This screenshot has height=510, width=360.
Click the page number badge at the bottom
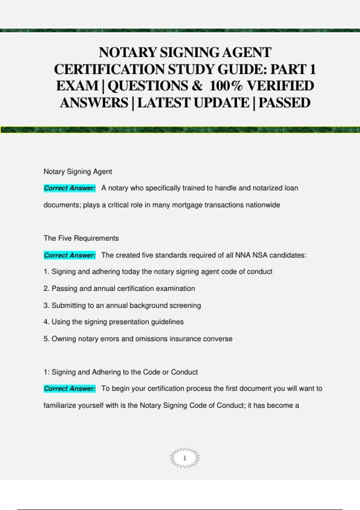tap(184, 458)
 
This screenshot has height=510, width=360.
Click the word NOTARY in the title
tap(127, 52)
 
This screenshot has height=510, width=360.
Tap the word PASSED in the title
tap(284, 103)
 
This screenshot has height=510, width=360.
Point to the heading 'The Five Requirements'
tap(81, 238)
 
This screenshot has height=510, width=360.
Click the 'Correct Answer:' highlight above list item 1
tap(70, 255)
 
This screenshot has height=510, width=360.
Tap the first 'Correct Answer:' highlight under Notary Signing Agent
tap(70, 188)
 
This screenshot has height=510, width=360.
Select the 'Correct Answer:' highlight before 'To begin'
tap(70, 388)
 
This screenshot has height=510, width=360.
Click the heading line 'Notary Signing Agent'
tap(78, 172)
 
